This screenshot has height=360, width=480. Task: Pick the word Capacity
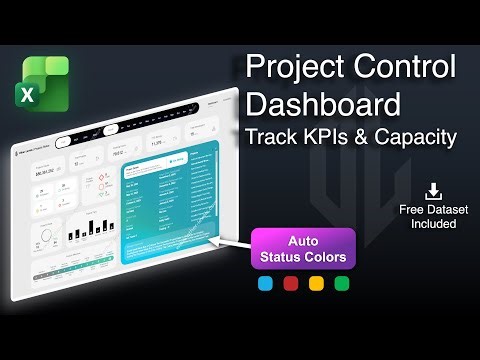[x=416, y=137]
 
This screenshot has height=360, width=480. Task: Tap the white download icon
[x=433, y=190]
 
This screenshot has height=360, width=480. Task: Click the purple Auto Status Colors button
[x=303, y=247]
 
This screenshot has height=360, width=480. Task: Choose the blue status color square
[x=264, y=283]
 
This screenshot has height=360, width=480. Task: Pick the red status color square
[x=290, y=283]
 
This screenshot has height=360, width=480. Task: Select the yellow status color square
[x=316, y=283]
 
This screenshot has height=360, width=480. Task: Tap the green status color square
[x=342, y=283]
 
